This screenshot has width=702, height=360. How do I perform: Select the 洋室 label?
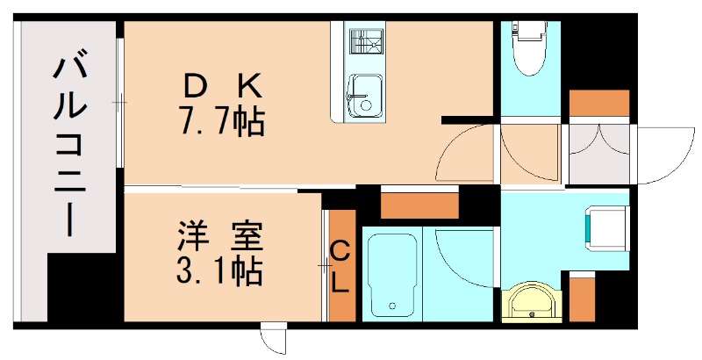[x=214, y=237]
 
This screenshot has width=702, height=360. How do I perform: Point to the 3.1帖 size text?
[x=214, y=272]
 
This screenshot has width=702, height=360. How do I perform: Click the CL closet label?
[x=340, y=266]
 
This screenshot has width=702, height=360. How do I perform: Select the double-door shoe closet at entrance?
[x=600, y=154]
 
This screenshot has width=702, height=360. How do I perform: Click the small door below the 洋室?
[x=274, y=338]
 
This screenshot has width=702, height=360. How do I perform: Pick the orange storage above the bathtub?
[x=419, y=204]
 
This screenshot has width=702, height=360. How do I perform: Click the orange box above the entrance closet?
[x=599, y=104]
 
